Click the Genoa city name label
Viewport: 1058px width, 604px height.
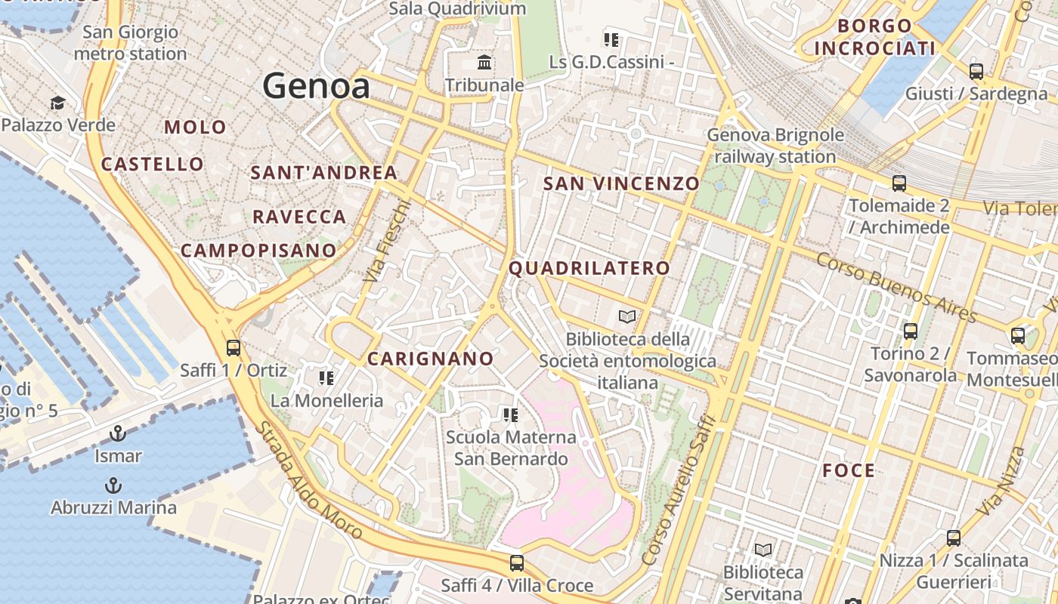point(317,86)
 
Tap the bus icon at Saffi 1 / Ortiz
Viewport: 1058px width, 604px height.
point(234,348)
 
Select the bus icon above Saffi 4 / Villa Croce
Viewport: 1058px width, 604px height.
point(517,562)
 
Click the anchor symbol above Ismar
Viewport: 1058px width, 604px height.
point(117,433)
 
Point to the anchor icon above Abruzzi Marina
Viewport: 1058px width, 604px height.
point(113,485)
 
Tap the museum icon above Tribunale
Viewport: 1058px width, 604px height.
point(484,62)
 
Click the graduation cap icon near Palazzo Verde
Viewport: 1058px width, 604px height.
point(57,103)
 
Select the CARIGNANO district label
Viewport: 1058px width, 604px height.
point(430,359)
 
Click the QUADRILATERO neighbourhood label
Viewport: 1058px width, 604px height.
point(589,268)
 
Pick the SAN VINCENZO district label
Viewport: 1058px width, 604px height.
point(621,183)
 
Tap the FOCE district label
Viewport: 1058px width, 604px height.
point(849,471)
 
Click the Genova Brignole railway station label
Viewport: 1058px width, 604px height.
point(775,146)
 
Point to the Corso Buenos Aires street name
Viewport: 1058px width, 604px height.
point(897,287)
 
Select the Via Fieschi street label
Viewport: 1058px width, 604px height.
point(386,242)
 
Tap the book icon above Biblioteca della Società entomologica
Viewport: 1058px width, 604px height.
point(627,316)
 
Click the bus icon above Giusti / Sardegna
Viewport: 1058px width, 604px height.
point(976,72)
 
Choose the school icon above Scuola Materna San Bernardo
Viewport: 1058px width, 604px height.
point(510,414)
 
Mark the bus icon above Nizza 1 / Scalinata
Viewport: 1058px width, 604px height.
point(954,538)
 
